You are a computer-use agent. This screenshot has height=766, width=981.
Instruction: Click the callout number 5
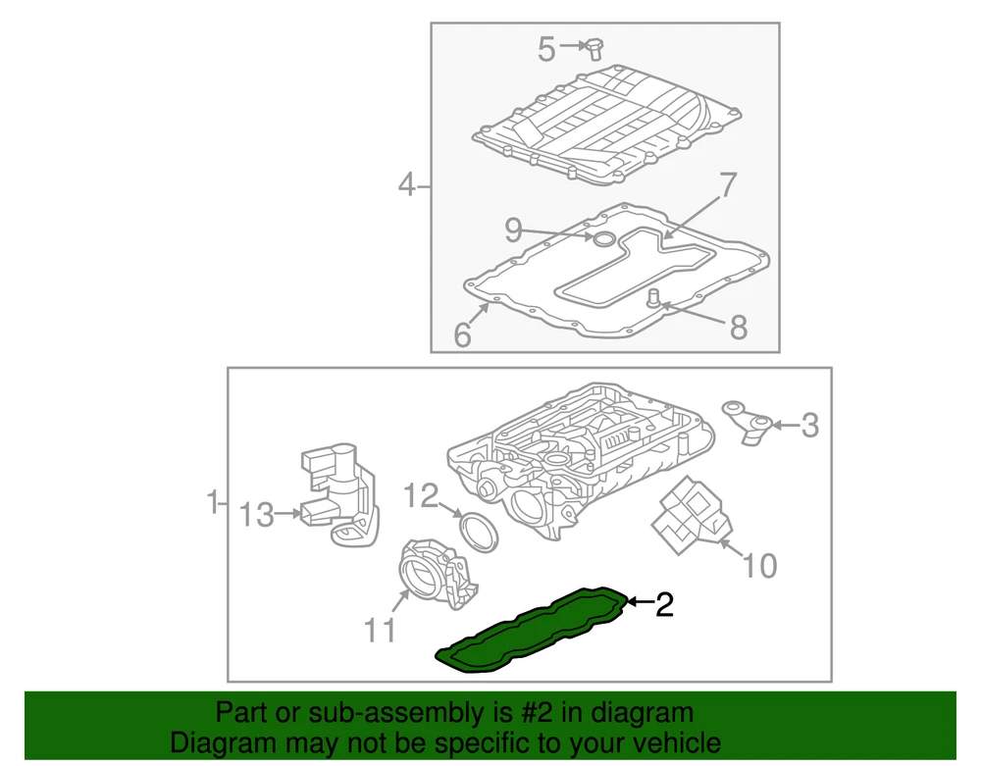coord(546,49)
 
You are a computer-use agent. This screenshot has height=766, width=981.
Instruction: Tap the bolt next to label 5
coord(594,49)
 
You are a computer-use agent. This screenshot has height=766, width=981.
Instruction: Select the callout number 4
coord(407,185)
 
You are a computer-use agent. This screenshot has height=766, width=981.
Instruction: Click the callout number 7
coord(728,184)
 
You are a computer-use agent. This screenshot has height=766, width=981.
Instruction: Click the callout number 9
coord(514,230)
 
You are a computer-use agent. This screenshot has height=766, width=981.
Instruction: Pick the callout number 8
coord(739,327)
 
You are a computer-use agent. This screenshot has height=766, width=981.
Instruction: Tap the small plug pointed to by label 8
coord(653,297)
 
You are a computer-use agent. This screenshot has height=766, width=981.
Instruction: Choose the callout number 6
coord(462,334)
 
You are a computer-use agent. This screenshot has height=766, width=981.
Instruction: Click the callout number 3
coord(809,426)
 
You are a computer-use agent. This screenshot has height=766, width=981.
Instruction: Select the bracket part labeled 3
coord(747,422)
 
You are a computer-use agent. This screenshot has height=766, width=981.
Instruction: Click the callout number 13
coord(256,515)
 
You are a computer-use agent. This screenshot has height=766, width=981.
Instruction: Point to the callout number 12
coord(421,496)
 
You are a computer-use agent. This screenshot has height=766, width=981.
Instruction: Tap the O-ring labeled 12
coord(480,533)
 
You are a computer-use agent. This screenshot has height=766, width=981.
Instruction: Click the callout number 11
coord(380,631)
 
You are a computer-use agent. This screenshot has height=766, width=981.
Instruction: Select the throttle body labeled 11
coord(438,575)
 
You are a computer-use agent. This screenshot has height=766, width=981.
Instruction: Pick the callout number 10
coord(759,565)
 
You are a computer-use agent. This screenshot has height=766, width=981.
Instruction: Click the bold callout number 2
coord(664,605)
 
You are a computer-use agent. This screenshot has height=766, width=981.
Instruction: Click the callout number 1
coord(213,502)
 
